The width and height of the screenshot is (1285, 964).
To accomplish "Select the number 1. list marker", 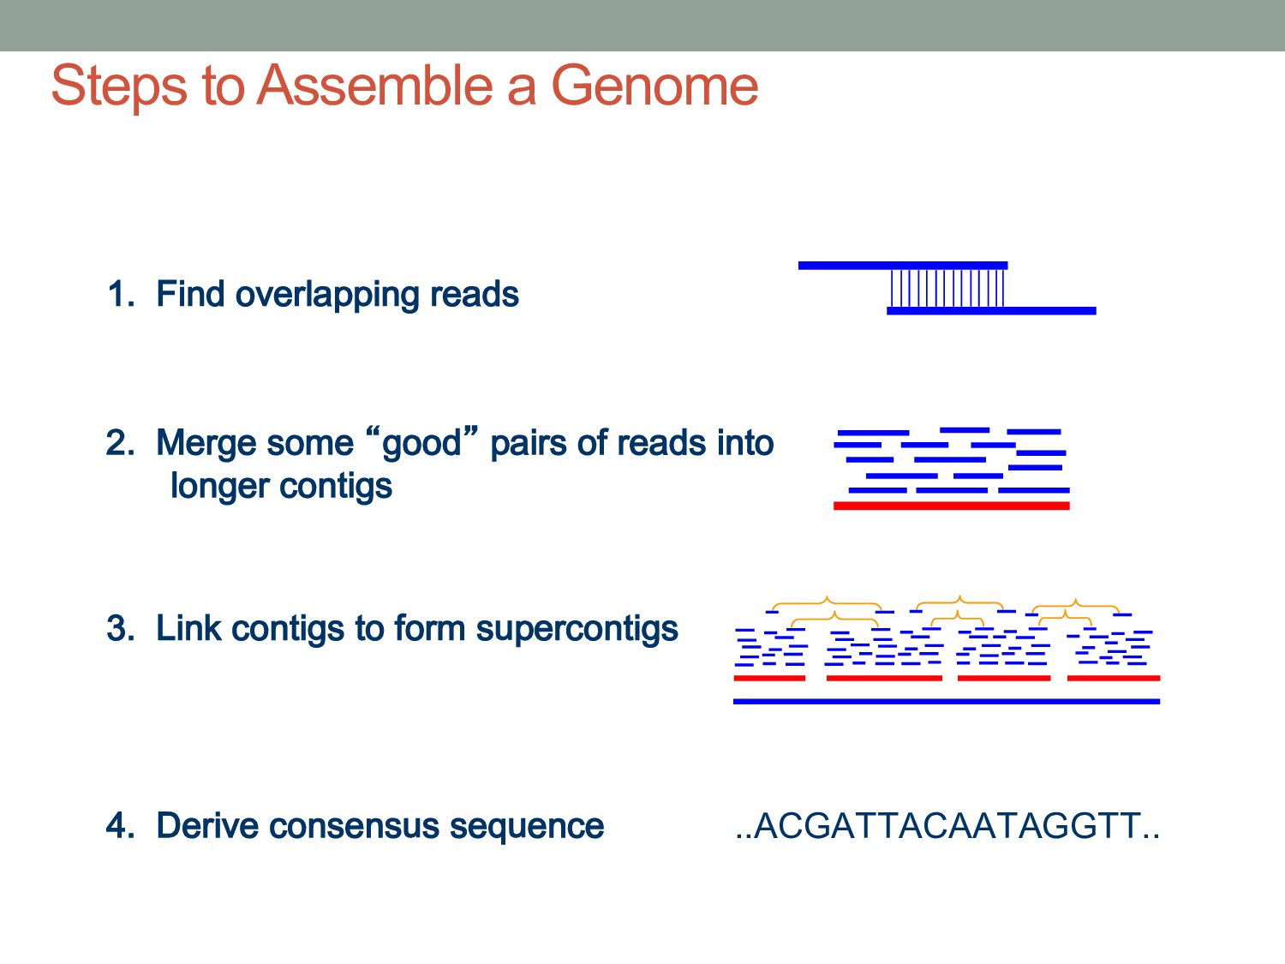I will coord(121,294).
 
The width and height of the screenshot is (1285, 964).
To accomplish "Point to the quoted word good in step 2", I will coord(421,444).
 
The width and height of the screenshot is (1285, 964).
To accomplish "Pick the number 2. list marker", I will coord(121,443).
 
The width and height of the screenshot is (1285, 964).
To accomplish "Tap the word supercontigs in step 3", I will coord(577,629).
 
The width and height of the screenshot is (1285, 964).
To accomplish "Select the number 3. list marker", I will coord(121,628).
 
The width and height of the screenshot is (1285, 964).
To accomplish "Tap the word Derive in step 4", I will coord(205,826).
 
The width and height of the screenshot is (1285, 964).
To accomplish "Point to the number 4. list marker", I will coord(121,826).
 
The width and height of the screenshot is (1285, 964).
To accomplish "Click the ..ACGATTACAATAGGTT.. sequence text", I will coord(947,826).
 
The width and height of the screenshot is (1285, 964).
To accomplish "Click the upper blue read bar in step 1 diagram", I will coord(902,266).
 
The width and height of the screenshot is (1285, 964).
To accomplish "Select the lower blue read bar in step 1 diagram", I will coord(991,310).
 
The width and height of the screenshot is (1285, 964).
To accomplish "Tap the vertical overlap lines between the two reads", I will coord(947,289).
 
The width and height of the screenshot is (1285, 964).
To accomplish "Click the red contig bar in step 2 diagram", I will coord(951,506).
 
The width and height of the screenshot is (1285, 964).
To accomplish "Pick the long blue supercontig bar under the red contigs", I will coord(946,701).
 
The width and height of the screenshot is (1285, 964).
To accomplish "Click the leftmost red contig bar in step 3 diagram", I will coord(769,678).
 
